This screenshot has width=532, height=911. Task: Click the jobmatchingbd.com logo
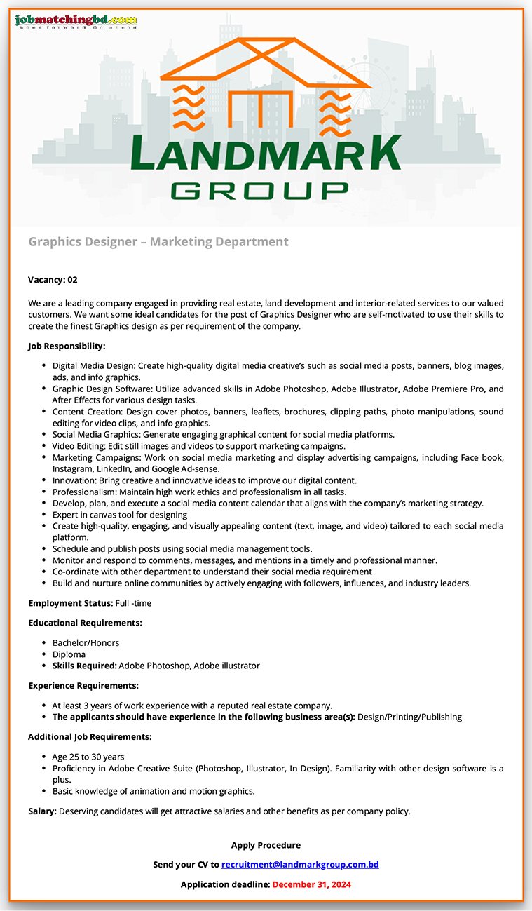coord(76,21)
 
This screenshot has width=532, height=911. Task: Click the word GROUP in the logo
coord(260,189)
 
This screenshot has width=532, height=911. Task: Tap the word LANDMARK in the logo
coord(266,154)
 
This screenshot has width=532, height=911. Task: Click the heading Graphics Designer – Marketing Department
coord(158,242)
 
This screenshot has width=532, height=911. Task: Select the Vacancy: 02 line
coord(53,280)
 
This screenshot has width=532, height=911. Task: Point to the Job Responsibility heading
coord(67,346)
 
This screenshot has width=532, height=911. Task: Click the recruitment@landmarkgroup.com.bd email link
coord(300,865)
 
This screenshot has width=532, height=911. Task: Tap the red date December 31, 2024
coord(311,884)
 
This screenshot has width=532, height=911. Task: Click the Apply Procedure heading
coord(266,845)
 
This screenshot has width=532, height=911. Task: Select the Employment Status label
coord(70,603)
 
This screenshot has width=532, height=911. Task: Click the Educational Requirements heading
coord(85,623)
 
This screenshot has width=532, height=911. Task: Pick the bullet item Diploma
coord(69,654)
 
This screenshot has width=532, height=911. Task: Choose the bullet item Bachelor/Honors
coord(86,643)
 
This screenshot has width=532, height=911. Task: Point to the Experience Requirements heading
coord(83,685)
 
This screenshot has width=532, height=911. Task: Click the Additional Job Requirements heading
coord(90,737)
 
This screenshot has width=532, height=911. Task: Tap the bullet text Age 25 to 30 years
coord(88,757)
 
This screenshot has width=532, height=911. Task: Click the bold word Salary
coord(42,811)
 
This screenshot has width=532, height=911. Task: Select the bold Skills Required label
coord(84,666)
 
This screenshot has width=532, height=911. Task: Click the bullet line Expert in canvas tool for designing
coord(120,515)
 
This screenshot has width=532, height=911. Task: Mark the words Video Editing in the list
coord(76,446)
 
